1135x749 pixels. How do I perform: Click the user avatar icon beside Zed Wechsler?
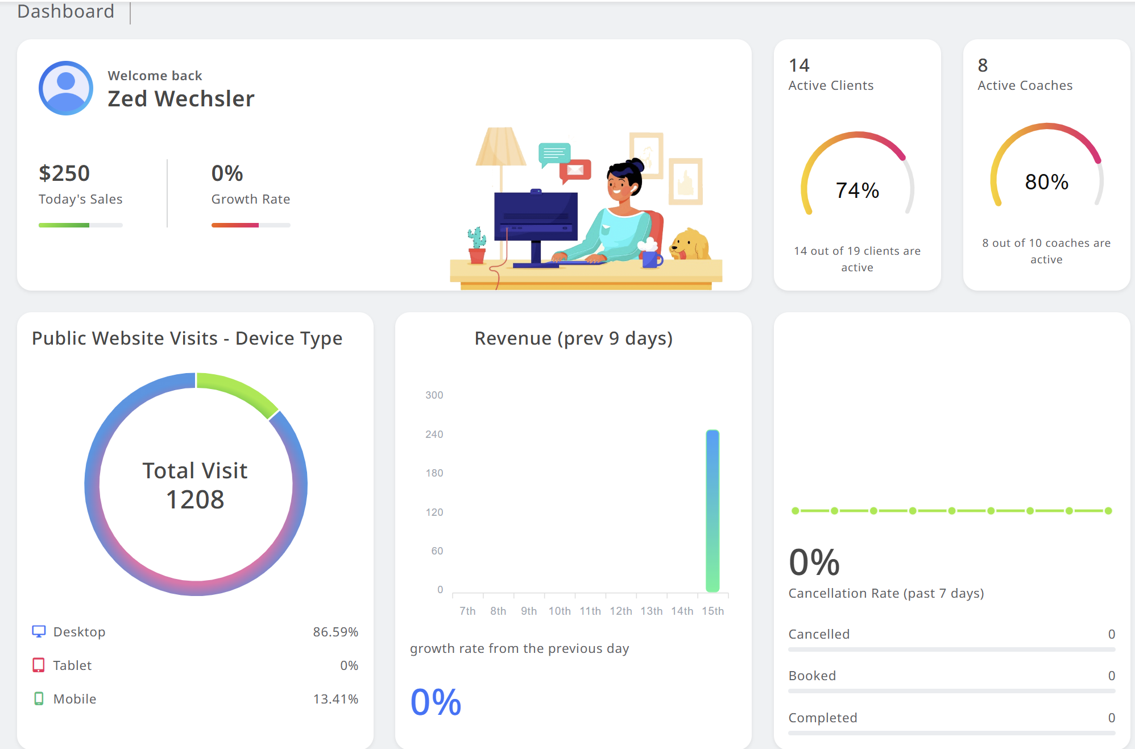[66, 88]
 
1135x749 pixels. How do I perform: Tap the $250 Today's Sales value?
[64, 173]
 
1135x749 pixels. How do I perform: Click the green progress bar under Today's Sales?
[64, 225]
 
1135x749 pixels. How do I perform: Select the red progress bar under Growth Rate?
[235, 225]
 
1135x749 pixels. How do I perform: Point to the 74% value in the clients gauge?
[857, 191]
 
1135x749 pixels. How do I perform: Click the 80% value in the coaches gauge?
[1046, 182]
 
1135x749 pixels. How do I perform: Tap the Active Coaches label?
[1025, 85]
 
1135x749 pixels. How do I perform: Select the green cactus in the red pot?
[477, 238]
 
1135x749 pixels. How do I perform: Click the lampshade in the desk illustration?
[501, 147]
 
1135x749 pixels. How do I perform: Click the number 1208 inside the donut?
[195, 499]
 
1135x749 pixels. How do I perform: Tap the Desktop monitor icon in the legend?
[39, 632]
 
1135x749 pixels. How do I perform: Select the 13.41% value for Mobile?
[335, 699]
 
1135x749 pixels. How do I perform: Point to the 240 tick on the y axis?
[434, 434]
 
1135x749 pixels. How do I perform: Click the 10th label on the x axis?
[560, 611]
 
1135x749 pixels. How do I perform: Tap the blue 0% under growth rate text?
[436, 702]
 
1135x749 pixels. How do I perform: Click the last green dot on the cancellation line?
[1108, 511]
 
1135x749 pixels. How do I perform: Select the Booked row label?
[812, 676]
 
